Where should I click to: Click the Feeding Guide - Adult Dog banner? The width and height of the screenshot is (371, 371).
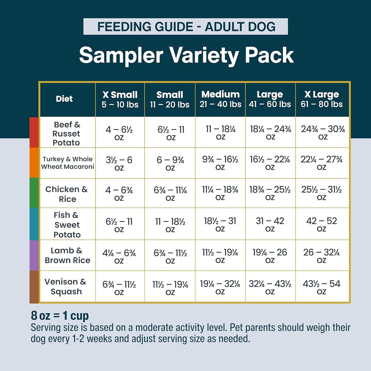pyautogui.click(x=186, y=27)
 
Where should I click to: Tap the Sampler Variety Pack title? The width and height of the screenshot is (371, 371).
pyautogui.click(x=186, y=55)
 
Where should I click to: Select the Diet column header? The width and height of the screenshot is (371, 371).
pyautogui.click(x=64, y=99)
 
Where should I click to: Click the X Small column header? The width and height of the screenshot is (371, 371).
pyautogui.click(x=120, y=99)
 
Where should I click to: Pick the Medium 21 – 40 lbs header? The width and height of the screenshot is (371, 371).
pyautogui.click(x=220, y=99)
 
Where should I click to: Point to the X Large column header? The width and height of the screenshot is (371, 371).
pyautogui.click(x=322, y=99)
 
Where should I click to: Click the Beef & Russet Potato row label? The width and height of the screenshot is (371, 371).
pyautogui.click(x=66, y=134)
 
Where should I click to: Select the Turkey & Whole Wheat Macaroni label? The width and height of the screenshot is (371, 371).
pyautogui.click(x=68, y=163)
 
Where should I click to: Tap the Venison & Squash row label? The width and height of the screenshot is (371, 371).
pyautogui.click(x=66, y=287)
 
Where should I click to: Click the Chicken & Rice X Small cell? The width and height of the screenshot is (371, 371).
pyautogui.click(x=119, y=194)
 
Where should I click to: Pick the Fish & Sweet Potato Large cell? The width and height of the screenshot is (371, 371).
pyautogui.click(x=270, y=224)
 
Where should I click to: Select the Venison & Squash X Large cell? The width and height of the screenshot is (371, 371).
pyautogui.click(x=321, y=287)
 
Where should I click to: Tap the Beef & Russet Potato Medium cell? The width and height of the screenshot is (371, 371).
pyautogui.click(x=220, y=132)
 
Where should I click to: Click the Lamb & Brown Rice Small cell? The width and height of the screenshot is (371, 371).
pyautogui.click(x=170, y=256)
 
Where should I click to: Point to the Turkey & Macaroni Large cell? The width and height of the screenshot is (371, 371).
pyautogui.click(x=270, y=163)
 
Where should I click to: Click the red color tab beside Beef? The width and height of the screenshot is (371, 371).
pyautogui.click(x=34, y=132)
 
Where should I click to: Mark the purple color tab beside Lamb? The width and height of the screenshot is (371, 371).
pyautogui.click(x=34, y=255)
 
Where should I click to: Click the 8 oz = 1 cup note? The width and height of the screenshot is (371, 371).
pyautogui.click(x=60, y=316)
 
